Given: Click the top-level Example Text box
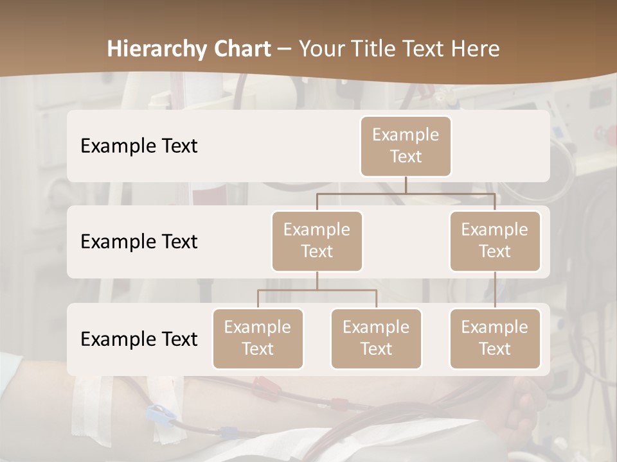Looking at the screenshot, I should click(406, 146).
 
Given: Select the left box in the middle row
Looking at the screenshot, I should click(317, 241).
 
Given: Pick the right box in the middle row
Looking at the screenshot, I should click(495, 241).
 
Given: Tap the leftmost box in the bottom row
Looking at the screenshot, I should click(258, 338).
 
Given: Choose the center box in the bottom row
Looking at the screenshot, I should click(376, 338).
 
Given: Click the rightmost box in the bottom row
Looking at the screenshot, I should click(495, 338).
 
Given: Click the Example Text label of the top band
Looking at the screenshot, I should click(139, 146).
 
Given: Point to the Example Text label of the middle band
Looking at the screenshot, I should click(139, 242).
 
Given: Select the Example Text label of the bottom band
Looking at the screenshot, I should click(139, 339).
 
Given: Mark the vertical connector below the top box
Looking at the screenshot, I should click(406, 185).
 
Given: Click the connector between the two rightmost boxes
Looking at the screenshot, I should click(495, 290).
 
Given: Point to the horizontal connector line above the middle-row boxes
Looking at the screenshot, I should click(406, 193).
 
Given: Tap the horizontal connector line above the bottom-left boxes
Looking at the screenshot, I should click(317, 290).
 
